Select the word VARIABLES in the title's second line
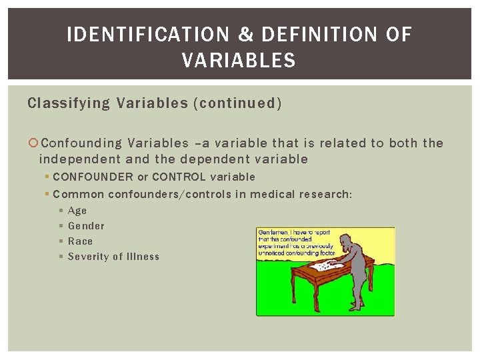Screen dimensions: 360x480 [x=239, y=61]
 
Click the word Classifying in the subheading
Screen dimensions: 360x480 [x=69, y=103]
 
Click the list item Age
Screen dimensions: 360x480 [x=77, y=211]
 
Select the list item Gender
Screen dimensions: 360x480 [x=86, y=226]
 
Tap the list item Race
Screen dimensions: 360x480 [x=80, y=241]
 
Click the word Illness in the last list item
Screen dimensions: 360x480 [x=143, y=257]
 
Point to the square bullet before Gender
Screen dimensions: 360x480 [x=61, y=226]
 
